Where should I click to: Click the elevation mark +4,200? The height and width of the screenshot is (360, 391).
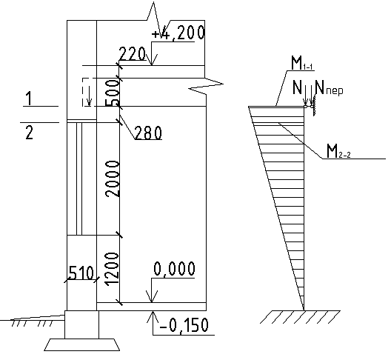pos(178,33)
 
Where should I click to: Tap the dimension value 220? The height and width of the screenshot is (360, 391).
pos(132,53)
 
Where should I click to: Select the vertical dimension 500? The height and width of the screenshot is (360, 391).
pos(113,93)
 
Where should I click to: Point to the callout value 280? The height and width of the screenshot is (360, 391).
pos(148,133)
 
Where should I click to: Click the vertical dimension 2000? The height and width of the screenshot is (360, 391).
pos(113,179)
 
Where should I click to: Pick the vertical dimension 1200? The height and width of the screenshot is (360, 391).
pos(112,269)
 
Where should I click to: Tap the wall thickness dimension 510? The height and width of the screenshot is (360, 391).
pos(81,273)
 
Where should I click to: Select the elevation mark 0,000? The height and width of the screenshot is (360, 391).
pos(174,269)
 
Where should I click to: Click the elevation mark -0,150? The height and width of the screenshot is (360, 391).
pos(184,325)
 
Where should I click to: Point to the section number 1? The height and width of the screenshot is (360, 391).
pos(29,98)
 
